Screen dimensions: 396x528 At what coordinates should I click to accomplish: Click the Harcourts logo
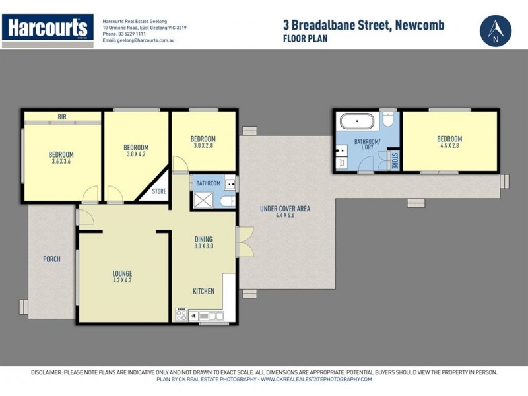tap(47, 28)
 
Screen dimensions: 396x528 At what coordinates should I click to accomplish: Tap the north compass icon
tap(496, 30)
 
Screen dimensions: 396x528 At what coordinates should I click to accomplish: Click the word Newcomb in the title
tap(420, 26)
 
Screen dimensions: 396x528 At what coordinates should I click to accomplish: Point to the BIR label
tap(62, 117)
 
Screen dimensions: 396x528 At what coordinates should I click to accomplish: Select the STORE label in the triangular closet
tap(159, 192)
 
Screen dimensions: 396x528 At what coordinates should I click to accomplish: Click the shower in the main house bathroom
tap(203, 200)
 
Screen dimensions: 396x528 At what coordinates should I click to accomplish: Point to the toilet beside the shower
tap(228, 201)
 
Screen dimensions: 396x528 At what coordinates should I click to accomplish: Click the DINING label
tap(203, 239)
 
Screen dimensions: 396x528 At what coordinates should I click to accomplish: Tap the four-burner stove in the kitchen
tap(181, 315)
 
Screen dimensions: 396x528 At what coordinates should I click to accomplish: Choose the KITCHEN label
tap(203, 291)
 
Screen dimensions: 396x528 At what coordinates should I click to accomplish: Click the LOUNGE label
tap(122, 273)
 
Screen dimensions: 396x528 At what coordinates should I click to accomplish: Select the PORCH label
tap(51, 259)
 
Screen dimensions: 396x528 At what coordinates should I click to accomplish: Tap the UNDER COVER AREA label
tap(284, 209)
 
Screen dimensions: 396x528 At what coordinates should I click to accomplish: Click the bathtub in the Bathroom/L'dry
tap(356, 121)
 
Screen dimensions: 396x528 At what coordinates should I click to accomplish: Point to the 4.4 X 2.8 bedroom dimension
tap(449, 147)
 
